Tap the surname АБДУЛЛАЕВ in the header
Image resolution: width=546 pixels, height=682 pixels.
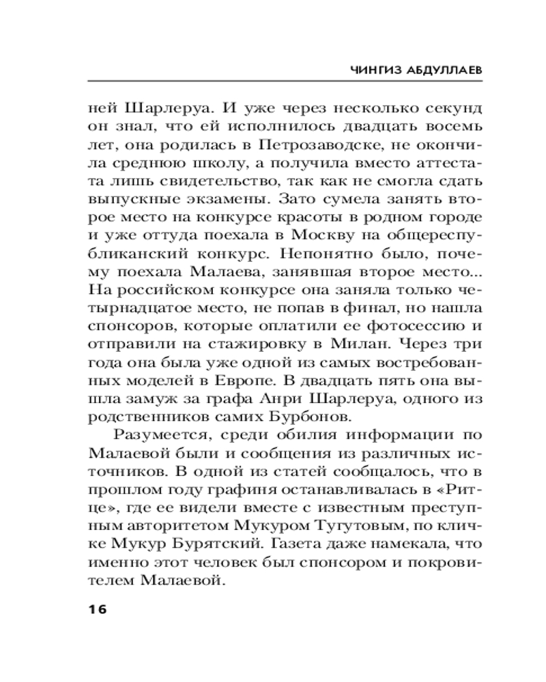coord(437,70)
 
